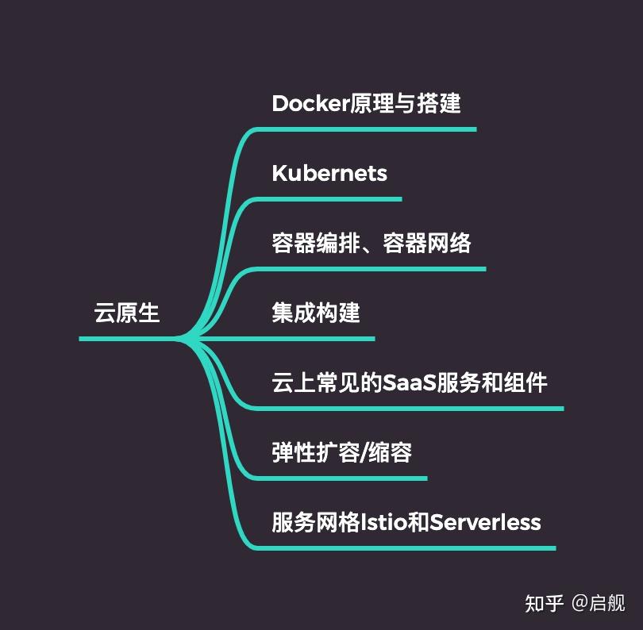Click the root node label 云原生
[x=127, y=313]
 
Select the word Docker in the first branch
[x=310, y=103]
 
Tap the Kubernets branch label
[x=329, y=173]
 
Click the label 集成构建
[x=315, y=313]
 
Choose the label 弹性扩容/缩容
[x=341, y=452]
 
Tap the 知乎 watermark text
[x=544, y=603]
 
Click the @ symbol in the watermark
[x=579, y=603]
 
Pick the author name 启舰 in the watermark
[x=607, y=603]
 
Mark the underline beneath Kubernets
[x=333, y=199]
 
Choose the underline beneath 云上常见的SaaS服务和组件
[x=413, y=409]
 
